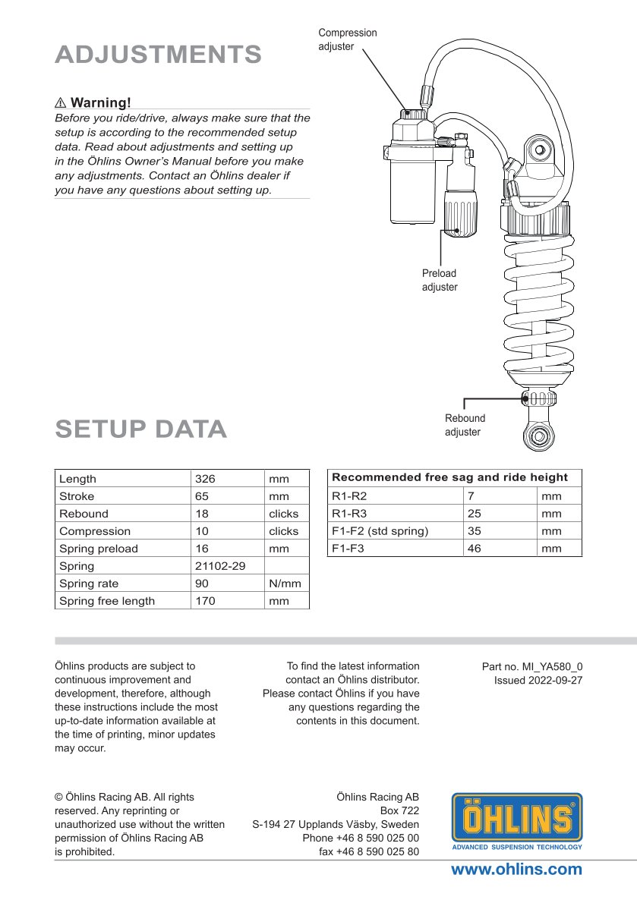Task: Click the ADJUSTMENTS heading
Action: [158, 55]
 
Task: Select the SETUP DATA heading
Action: [141, 429]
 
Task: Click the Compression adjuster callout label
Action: [347, 39]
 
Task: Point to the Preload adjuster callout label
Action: [440, 280]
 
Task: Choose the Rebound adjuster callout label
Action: [465, 425]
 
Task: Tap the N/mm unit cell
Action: [285, 584]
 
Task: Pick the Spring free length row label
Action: [107, 601]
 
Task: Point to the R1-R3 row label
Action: [349, 514]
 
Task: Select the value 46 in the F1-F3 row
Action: [475, 548]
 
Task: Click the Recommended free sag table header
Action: [449, 477]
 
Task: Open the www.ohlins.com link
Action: [516, 870]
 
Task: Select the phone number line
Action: [361, 838]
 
